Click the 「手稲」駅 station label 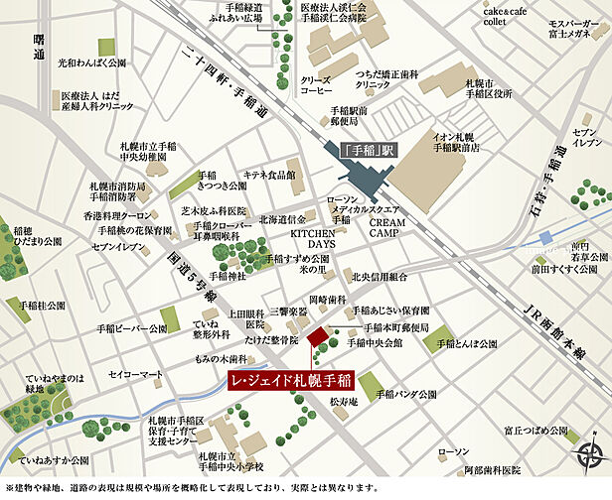click(369, 152)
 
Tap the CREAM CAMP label click(389, 230)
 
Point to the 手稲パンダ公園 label click(412, 394)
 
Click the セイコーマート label click(135, 375)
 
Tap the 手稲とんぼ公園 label click(466, 343)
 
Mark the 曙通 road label click(39, 44)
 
